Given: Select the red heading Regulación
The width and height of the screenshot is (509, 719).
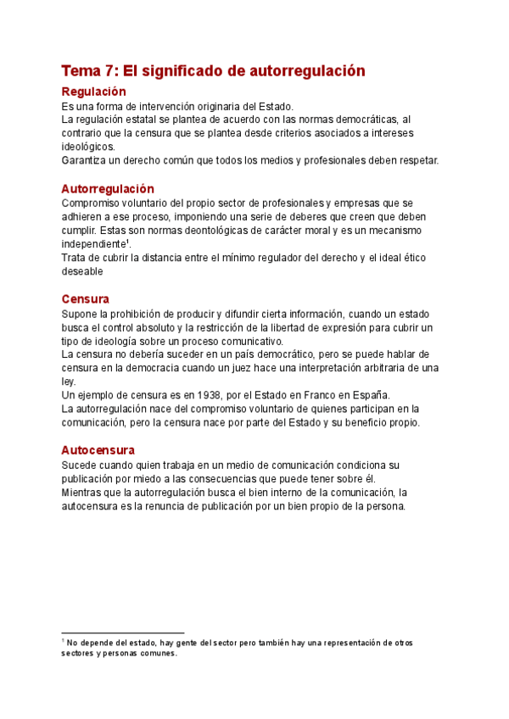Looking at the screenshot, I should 93,92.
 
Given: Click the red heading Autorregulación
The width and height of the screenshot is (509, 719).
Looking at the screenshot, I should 108,189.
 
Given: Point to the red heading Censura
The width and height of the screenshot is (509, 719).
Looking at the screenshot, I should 85,299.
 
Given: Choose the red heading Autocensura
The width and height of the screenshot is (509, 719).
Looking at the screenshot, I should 98,450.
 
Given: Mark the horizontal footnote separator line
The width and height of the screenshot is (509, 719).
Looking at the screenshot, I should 123,633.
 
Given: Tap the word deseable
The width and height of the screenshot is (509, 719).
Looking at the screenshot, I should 82,271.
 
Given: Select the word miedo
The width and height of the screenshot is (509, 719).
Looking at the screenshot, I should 149,479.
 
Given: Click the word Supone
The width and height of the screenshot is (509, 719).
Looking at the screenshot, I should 81,314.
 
